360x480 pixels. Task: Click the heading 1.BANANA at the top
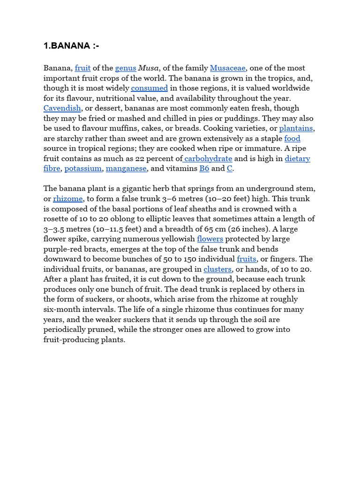(x=71, y=45)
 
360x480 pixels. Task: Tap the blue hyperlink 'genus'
(x=125, y=68)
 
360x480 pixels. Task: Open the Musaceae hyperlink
(x=228, y=68)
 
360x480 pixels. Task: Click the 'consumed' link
(x=150, y=88)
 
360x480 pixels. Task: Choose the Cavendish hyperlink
(x=62, y=108)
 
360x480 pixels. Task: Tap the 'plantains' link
(x=296, y=128)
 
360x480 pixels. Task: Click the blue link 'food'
(x=292, y=139)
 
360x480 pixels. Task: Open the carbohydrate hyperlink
(x=208, y=159)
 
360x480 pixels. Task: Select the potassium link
(x=83, y=169)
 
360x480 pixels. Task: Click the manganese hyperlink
(x=127, y=169)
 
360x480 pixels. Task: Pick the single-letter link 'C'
(x=230, y=169)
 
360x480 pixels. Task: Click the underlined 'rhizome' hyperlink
(x=68, y=199)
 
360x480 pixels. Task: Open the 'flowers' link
(x=210, y=239)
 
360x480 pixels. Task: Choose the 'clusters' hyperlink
(x=217, y=270)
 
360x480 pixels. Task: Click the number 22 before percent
(x=140, y=159)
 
